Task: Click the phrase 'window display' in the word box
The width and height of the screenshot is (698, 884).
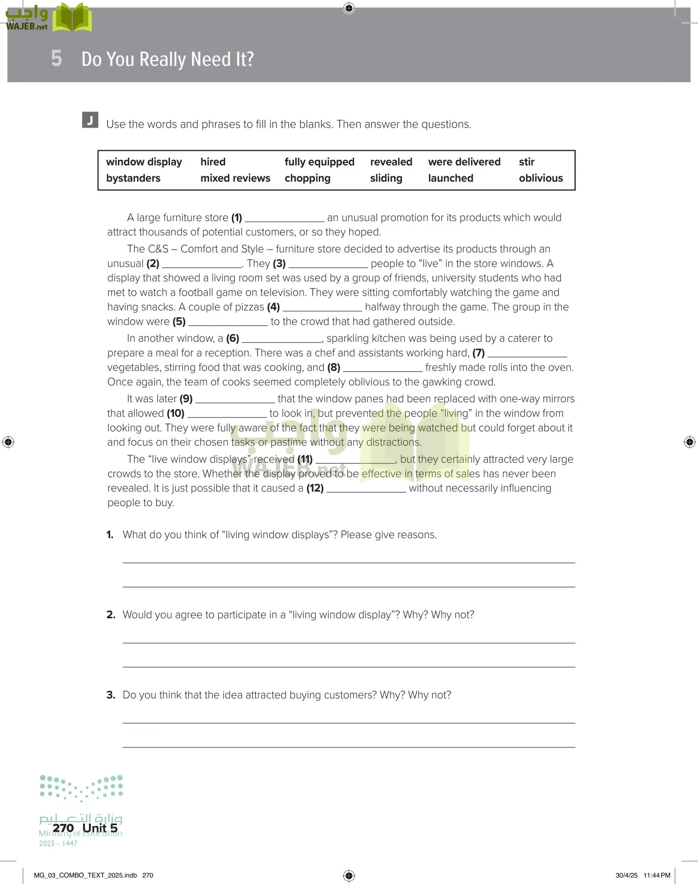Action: (x=144, y=162)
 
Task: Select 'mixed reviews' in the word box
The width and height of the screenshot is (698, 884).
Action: (x=235, y=178)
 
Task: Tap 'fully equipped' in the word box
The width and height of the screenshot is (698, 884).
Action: (x=319, y=162)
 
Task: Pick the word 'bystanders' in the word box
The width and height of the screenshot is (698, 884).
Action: (x=133, y=178)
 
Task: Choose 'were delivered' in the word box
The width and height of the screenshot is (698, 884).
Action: (x=464, y=162)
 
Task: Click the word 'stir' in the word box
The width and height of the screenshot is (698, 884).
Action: (x=527, y=162)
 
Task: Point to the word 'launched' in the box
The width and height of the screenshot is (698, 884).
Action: (x=450, y=178)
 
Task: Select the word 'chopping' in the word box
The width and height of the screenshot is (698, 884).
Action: (x=307, y=178)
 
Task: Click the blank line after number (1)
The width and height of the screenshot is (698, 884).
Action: (x=284, y=219)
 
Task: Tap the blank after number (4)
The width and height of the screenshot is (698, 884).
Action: (x=322, y=308)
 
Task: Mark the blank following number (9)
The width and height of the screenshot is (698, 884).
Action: (x=235, y=400)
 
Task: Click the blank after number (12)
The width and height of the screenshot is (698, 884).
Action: (x=366, y=489)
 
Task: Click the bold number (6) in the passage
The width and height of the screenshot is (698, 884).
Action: (x=232, y=338)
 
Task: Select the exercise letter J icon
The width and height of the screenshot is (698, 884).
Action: (x=90, y=120)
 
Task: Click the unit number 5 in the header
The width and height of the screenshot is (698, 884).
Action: (x=56, y=58)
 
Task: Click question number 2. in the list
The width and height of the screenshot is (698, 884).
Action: (x=111, y=615)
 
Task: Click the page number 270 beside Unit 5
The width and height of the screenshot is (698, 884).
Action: (x=63, y=828)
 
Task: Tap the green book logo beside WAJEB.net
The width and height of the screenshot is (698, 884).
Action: (x=72, y=18)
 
